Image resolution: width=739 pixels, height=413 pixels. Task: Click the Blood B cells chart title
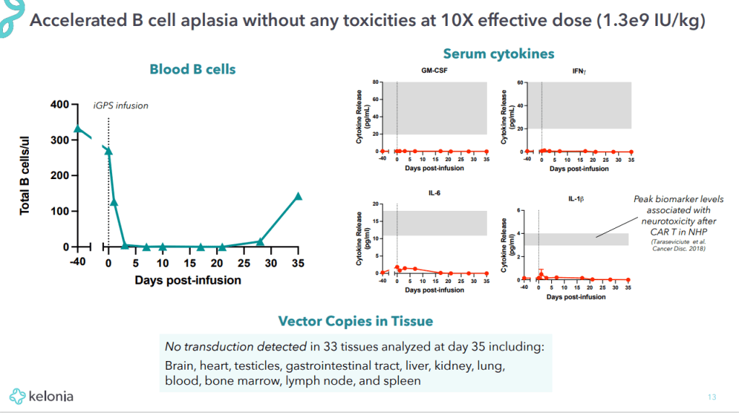[192, 69]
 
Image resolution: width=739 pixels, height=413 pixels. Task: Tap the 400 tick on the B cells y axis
[60, 105]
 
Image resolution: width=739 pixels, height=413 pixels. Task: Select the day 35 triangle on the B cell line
[298, 196]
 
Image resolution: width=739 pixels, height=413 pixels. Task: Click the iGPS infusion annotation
[121, 105]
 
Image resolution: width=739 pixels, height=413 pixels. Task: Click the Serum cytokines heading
[498, 54]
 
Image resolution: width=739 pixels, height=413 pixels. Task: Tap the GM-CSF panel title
[434, 71]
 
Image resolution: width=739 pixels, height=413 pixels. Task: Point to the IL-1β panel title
[576, 198]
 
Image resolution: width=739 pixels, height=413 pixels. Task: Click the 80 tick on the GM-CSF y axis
[376, 82]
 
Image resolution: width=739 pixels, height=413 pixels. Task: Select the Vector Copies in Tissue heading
[355, 321]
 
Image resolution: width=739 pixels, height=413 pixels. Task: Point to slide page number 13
[712, 396]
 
